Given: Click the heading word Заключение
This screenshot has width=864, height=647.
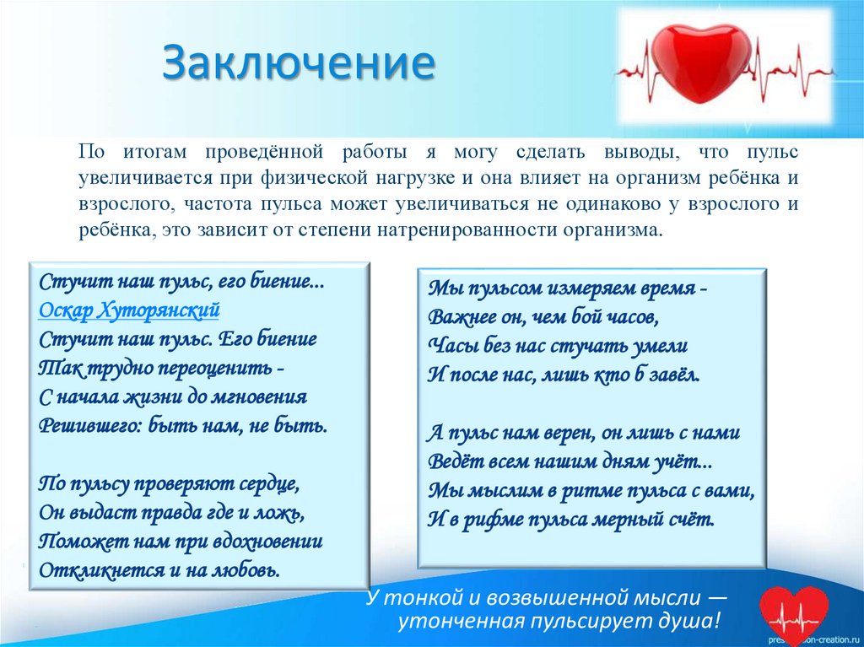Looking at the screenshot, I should pos(299,66).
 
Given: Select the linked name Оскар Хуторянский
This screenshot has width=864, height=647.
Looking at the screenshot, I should pos(129,310).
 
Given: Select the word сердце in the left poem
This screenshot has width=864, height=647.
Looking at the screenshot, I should pos(264,485).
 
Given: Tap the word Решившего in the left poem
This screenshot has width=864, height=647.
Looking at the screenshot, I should pos(90,424).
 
